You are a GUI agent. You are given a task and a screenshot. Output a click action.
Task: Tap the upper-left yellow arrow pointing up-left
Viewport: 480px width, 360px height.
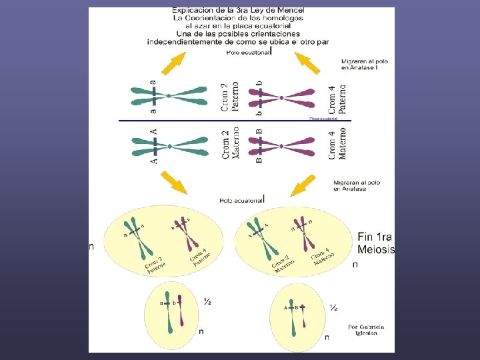click(x=173, y=63)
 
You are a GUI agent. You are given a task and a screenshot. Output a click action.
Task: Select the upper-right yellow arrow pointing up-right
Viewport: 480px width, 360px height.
click(x=309, y=63)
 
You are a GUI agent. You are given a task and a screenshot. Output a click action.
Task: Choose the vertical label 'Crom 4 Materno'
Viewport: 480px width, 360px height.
click(x=337, y=144)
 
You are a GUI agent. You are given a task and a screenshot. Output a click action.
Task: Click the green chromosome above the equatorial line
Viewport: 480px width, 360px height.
click(x=170, y=96)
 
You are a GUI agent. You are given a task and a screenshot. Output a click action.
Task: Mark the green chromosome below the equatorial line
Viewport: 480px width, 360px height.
click(x=170, y=145)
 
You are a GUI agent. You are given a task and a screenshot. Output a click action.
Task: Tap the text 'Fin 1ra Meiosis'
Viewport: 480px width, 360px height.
click(x=375, y=243)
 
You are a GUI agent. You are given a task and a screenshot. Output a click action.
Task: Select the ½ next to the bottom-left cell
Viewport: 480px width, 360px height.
click(x=207, y=303)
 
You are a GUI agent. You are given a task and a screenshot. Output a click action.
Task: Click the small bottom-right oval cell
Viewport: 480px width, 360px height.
click(x=299, y=319)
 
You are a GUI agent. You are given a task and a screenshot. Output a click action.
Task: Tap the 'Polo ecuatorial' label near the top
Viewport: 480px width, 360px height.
click(x=247, y=51)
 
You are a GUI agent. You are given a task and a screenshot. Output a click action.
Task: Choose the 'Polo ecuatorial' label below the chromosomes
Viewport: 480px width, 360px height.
click(x=242, y=199)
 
